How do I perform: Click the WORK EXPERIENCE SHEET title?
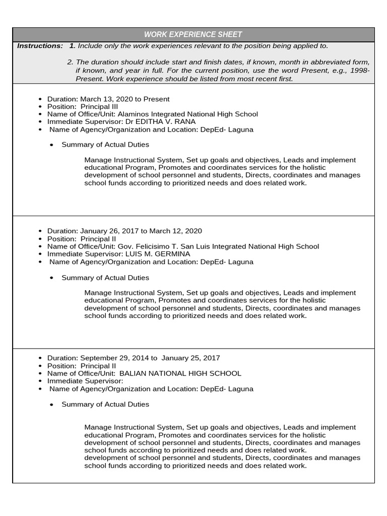pos(193,34)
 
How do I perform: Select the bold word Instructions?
pos(40,46)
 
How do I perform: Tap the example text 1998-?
pos(360,71)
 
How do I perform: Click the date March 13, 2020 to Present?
pos(125,99)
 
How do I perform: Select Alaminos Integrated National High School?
pos(187,114)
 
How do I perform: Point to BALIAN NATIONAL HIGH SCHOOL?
pos(180,373)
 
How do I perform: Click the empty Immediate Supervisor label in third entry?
pos(85,381)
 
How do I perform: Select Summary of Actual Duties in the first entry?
pos(105,145)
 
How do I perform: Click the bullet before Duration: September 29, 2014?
pos(40,358)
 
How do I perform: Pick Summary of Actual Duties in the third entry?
pos(105,404)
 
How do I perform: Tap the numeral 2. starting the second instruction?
pos(70,62)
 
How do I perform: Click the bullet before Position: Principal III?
pos(40,107)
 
